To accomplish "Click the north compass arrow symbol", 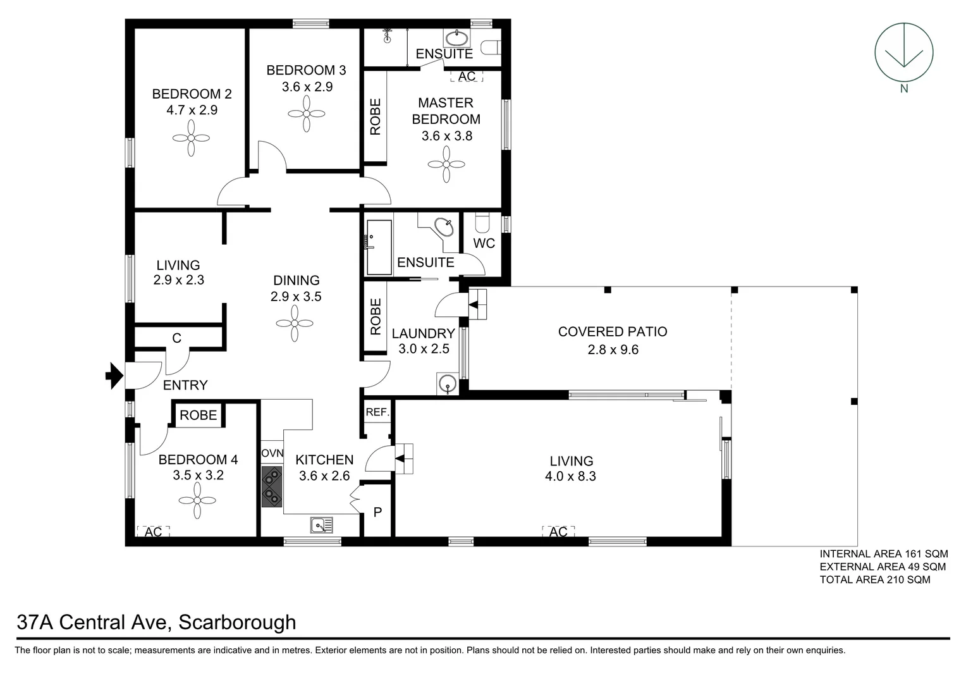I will click(x=903, y=52).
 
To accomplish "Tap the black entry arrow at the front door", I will click(x=114, y=376).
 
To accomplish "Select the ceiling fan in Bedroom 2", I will click(x=191, y=138).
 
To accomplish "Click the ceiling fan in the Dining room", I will click(x=295, y=324).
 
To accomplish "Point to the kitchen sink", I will click(x=322, y=525).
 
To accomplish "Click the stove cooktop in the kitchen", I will click(x=272, y=486).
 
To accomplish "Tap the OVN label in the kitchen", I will click(x=272, y=453).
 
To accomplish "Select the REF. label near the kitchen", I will click(x=377, y=412).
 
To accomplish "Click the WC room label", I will click(x=484, y=243).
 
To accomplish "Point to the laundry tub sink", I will click(x=448, y=384).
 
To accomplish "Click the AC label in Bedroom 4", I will click(x=154, y=532).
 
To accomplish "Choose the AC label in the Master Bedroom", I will click(x=467, y=77).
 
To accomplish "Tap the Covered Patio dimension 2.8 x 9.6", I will click(x=613, y=350).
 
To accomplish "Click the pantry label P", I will click(x=377, y=512).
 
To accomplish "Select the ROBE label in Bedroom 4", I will click(x=198, y=415).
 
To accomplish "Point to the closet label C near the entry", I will click(x=177, y=338).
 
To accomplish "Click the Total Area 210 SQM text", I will click(x=874, y=579).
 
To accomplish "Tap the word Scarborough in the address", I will click(x=237, y=622).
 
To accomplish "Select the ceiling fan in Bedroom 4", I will click(x=197, y=500).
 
